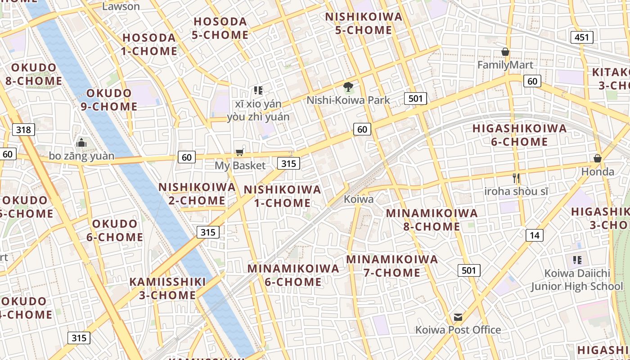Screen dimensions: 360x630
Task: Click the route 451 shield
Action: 582,37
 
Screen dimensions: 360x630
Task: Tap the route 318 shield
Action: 23,130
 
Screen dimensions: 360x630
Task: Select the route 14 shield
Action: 534,235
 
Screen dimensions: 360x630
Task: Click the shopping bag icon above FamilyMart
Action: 505,52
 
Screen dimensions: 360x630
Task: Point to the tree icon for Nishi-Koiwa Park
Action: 348,87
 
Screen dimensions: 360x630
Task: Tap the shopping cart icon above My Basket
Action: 240,153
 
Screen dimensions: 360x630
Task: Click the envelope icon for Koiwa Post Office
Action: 458,317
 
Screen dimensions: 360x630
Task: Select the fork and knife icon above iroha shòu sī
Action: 516,178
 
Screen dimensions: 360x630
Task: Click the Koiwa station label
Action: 359,199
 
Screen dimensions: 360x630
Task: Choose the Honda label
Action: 598,171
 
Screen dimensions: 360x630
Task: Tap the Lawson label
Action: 121,6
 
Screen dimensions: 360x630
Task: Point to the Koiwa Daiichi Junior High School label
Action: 577,279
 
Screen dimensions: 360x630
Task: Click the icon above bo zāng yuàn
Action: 81,143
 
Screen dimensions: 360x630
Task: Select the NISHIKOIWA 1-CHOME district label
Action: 283,196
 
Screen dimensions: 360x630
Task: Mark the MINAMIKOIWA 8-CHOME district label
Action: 432,220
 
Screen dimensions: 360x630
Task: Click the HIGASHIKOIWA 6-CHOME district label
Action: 519,135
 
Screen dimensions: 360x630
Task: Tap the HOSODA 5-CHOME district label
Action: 220,28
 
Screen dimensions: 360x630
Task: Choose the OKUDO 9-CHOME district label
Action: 109,100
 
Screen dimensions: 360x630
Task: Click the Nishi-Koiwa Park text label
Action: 348,100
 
